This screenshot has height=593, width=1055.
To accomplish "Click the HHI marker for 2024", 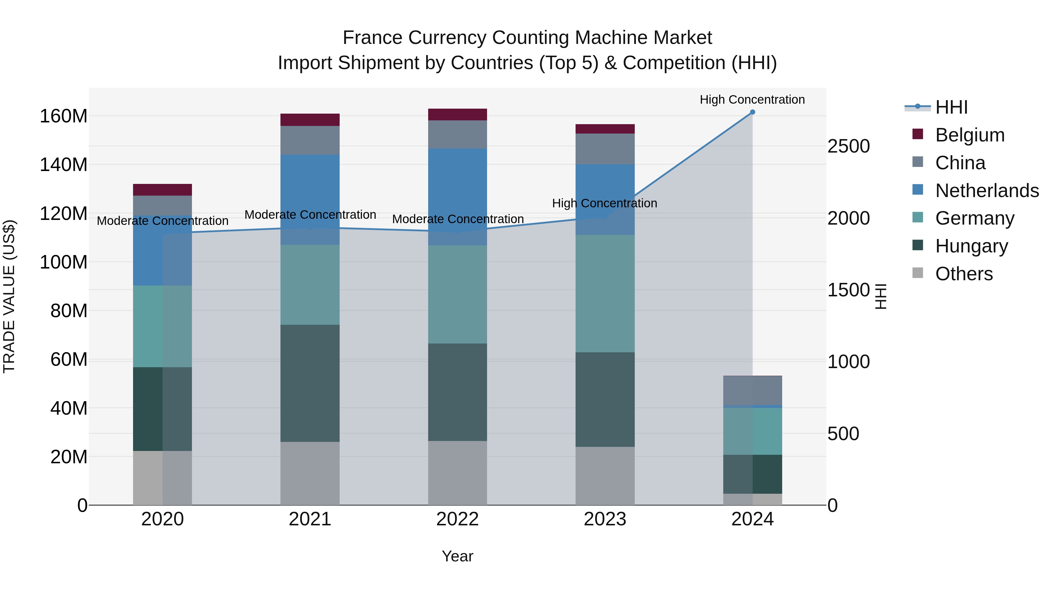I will click(752, 112).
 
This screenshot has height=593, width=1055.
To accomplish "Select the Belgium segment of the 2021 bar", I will click(310, 120).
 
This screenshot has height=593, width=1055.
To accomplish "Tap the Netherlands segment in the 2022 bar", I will click(457, 197).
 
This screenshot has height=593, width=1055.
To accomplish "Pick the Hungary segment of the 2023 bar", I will click(605, 399).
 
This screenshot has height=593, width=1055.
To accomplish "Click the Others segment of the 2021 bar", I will click(310, 474).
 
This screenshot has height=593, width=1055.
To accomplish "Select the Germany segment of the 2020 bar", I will click(163, 326).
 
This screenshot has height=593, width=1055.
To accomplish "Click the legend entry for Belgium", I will click(970, 135).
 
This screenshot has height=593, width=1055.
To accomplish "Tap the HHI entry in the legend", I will click(951, 107).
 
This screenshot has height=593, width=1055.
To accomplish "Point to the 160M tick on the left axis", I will click(64, 116).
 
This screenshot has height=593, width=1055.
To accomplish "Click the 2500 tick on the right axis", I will click(849, 146).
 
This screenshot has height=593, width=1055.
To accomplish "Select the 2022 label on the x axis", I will click(457, 519).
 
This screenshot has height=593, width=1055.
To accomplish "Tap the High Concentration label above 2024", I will click(752, 100).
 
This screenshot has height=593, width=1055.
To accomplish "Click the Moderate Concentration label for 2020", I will click(163, 221).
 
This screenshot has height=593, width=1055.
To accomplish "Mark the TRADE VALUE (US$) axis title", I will click(9, 296).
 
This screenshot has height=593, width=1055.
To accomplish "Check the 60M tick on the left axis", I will click(69, 360).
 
